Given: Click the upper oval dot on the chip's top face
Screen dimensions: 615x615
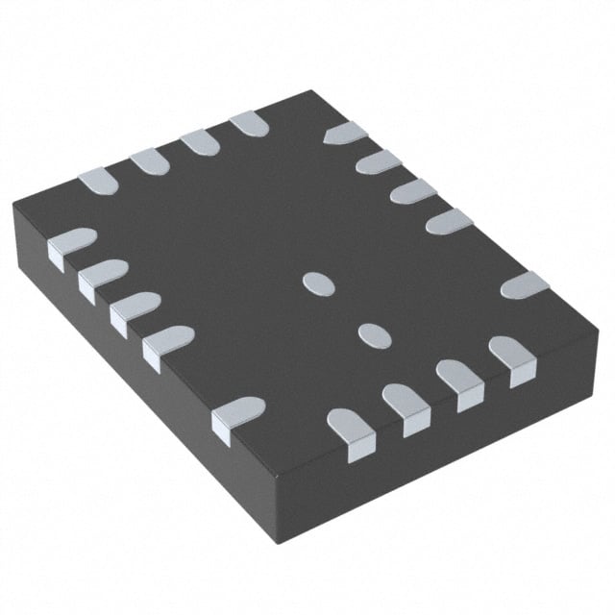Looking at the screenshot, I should [317, 283].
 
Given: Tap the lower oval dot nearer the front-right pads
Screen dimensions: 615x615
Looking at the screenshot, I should [372, 333].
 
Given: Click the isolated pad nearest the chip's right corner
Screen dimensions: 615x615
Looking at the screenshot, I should [525, 284].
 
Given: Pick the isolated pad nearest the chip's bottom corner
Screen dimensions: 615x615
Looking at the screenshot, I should [236, 414].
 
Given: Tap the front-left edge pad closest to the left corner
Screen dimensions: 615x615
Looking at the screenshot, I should [70, 243].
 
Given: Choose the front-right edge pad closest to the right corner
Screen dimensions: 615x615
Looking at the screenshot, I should [512, 355].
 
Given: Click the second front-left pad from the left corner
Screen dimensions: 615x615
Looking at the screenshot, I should [102, 276].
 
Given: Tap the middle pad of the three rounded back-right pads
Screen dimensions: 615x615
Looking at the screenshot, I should [413, 190].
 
